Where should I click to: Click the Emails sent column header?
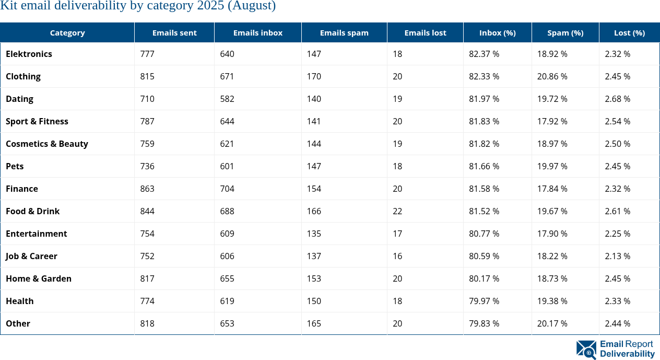pyautogui.click(x=174, y=32)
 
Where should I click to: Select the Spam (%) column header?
pyautogui.click(x=565, y=32)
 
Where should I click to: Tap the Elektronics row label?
pyautogui.click(x=29, y=54)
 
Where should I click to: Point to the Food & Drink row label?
pyautogui.click(x=32, y=211)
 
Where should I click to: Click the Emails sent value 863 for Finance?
pyautogui.click(x=147, y=189)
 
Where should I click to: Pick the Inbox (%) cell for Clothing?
pyautogui.click(x=484, y=76)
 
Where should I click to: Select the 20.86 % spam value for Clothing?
pyautogui.click(x=552, y=76)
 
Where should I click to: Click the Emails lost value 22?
pyautogui.click(x=397, y=211)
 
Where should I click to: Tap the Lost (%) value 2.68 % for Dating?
pyautogui.click(x=617, y=99)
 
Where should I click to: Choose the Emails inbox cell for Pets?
pyautogui.click(x=227, y=166)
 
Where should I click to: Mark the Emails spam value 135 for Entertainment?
pyautogui.click(x=314, y=234)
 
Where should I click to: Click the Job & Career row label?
pyautogui.click(x=31, y=256)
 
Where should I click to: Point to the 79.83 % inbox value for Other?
pyautogui.click(x=484, y=323)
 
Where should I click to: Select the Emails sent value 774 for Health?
pyautogui.click(x=147, y=301)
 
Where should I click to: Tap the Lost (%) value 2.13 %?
pyautogui.click(x=617, y=256)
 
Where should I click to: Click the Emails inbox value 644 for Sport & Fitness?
pyautogui.click(x=227, y=121)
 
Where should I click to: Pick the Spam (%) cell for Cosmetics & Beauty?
pyautogui.click(x=552, y=144)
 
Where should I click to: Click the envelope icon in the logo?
pyautogui.click(x=586, y=350)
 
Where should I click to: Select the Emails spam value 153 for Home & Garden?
pyautogui.click(x=314, y=278)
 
